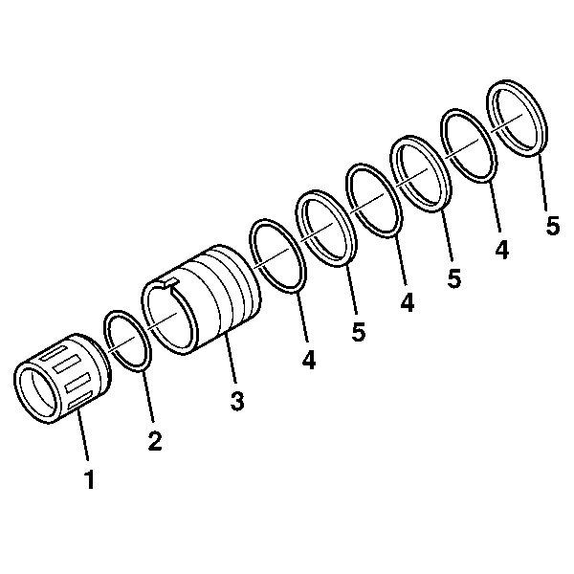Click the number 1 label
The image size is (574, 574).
click(x=90, y=479)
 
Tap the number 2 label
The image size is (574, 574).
click(x=155, y=440)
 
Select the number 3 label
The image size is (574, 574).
click(x=237, y=401)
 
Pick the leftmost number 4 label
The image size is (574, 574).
click(x=309, y=360)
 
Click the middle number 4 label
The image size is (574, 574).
click(x=408, y=302)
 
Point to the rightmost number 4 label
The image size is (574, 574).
click(x=502, y=250)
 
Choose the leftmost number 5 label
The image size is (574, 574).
click(x=359, y=332)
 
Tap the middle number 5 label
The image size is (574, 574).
click(x=453, y=278)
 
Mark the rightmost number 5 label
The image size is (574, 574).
click(x=553, y=226)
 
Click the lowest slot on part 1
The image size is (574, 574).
click(x=79, y=400)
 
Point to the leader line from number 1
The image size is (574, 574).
click(x=82, y=435)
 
